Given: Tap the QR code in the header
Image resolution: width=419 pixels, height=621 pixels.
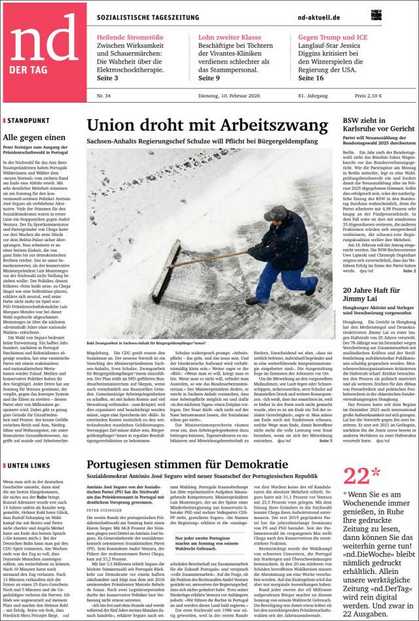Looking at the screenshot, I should point(376,15).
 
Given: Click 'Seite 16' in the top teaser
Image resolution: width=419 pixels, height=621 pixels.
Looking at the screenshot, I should point(311,78).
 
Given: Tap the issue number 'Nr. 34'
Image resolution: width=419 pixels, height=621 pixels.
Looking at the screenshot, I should point(103,96).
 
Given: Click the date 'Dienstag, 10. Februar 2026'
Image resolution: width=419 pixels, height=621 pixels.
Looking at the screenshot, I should point(226,96).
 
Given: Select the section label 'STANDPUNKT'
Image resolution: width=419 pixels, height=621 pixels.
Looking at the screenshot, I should point(27,121).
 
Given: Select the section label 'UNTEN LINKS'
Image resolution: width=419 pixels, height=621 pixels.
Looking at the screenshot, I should point(28,483).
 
